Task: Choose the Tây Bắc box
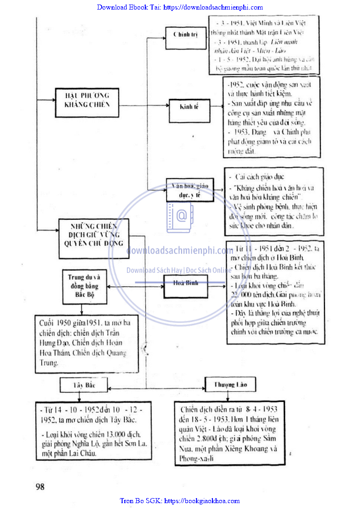point(84,385)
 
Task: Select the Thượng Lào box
point(230,385)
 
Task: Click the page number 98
point(40,487)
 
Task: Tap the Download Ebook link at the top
point(180,7)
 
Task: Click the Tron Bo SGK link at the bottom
point(180,501)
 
